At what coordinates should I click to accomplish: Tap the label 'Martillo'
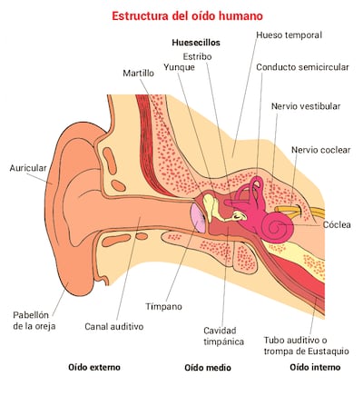pyautogui.click(x=139, y=73)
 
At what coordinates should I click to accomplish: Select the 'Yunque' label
pyautogui.click(x=179, y=67)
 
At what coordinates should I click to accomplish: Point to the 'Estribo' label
pyautogui.click(x=198, y=55)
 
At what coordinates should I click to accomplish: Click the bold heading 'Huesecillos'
pyautogui.click(x=196, y=42)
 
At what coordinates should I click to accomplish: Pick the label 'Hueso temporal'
pyautogui.click(x=289, y=35)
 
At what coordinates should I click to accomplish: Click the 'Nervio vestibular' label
pyautogui.click(x=306, y=106)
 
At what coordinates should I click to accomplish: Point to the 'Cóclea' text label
pyautogui.click(x=337, y=224)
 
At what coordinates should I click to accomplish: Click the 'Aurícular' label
pyautogui.click(x=28, y=168)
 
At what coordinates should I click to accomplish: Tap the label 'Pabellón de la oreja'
pyautogui.click(x=35, y=321)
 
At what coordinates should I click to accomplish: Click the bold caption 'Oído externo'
pyautogui.click(x=94, y=368)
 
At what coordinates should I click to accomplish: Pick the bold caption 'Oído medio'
pyautogui.click(x=208, y=368)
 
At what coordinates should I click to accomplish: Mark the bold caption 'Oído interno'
pyautogui.click(x=315, y=367)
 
